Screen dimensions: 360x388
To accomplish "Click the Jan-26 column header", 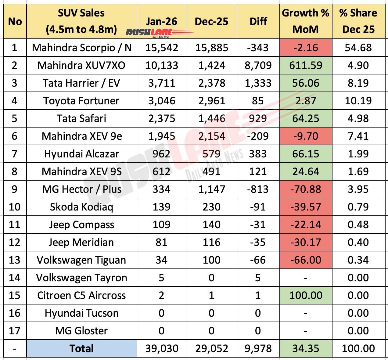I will pyautogui.click(x=161, y=21).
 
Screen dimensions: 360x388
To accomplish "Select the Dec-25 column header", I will pyautogui.click(x=211, y=21).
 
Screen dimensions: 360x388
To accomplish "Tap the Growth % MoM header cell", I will pyautogui.click(x=305, y=21).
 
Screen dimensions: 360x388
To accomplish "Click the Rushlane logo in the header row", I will pyautogui.click(x=159, y=33).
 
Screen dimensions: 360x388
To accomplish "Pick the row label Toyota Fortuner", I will pyautogui.click(x=81, y=101).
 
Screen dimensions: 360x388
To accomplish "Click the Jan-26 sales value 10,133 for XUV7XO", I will pyautogui.click(x=161, y=65).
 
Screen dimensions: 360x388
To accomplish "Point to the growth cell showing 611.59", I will pyautogui.click(x=306, y=65).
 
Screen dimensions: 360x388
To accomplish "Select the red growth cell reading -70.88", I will pyautogui.click(x=306, y=189).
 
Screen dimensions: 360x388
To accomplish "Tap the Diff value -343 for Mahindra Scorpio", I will pyautogui.click(x=258, y=48).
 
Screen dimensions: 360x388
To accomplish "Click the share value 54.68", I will pyautogui.click(x=358, y=48).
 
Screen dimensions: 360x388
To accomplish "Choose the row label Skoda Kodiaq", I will pyautogui.click(x=81, y=207).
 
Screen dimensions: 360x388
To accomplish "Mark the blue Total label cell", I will pyautogui.click(x=81, y=348).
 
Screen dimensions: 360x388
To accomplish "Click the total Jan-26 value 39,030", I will pyautogui.click(x=161, y=348).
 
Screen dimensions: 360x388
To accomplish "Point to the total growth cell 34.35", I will pyautogui.click(x=306, y=348).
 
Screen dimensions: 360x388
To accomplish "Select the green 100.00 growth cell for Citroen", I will pyautogui.click(x=306, y=295).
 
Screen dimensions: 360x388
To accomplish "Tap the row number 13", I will pyautogui.click(x=15, y=260).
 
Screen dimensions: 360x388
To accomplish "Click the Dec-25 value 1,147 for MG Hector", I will pyautogui.click(x=211, y=189).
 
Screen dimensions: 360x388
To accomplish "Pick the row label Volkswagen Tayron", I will pyautogui.click(x=81, y=278).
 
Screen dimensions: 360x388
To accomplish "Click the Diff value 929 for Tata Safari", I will pyautogui.click(x=258, y=118).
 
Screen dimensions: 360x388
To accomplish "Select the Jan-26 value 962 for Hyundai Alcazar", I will pyautogui.click(x=161, y=154).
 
